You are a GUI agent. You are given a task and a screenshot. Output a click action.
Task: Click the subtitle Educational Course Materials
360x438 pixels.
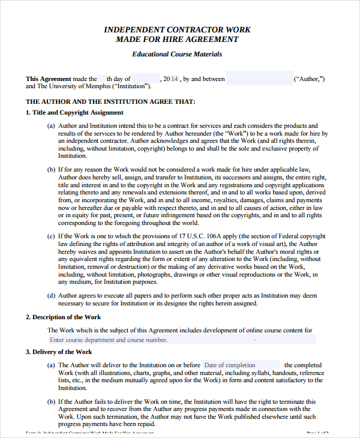click(x=177, y=54)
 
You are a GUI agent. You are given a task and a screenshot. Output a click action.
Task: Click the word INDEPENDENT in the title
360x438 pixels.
click(x=133, y=29)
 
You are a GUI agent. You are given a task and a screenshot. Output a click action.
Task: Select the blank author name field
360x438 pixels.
click(x=259, y=79)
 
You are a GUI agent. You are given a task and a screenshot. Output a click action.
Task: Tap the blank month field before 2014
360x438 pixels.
click(x=145, y=79)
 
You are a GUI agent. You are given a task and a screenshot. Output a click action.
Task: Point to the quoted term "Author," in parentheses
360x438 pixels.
click(x=309, y=79)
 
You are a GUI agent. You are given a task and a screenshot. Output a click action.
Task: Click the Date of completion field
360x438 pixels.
click(x=241, y=365)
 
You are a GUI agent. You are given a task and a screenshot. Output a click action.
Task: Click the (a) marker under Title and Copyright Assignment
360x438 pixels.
click(x=51, y=125)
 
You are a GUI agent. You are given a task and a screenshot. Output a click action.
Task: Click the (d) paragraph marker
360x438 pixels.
click(x=51, y=295)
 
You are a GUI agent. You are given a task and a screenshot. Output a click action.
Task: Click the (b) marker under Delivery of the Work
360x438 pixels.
click(x=51, y=401)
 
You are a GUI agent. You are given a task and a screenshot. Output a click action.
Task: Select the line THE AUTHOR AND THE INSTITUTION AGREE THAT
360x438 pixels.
click(x=110, y=101)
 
